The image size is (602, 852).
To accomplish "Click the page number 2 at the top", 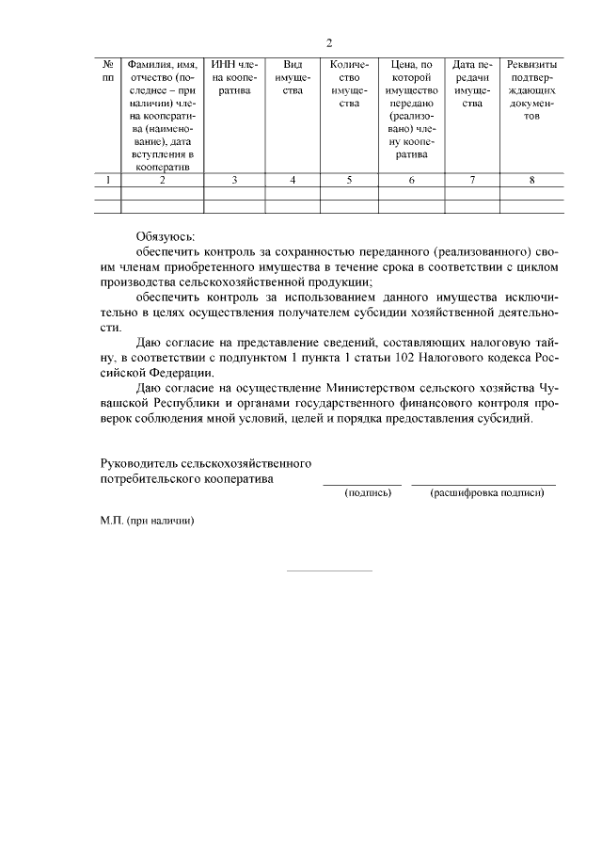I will point(329,42).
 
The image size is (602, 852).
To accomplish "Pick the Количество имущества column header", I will point(348,84).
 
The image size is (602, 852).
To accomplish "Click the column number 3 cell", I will point(234,180).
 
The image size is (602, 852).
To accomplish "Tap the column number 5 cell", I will point(348,180).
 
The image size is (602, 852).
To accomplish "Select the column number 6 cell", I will point(411,180).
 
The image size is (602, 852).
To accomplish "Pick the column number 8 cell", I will point(531,180).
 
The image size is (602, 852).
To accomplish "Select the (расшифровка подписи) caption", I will point(486,492).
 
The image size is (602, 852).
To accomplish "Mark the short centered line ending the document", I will point(329,571).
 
